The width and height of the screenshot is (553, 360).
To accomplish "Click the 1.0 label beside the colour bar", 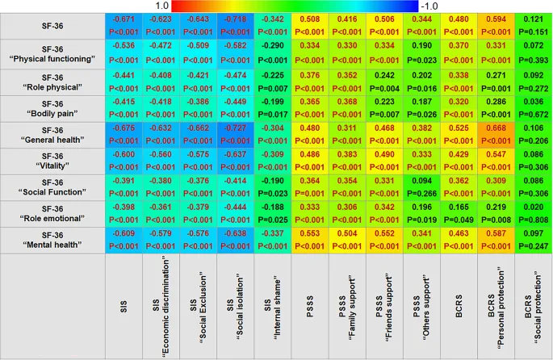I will coord(161,6).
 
